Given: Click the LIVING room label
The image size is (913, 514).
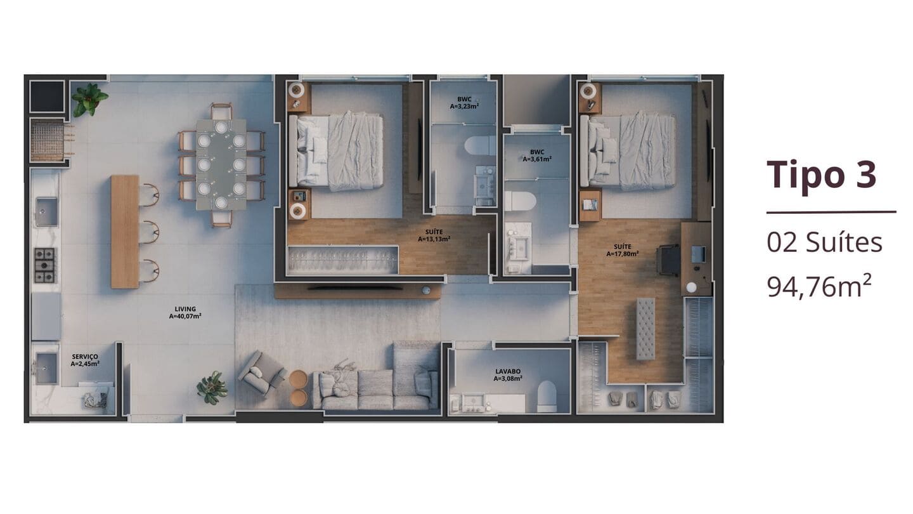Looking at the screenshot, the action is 185,309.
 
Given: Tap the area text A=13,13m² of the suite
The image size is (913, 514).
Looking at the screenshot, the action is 434,239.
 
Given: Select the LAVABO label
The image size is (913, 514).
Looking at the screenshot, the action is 508,371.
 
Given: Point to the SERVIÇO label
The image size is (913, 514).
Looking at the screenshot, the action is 85,357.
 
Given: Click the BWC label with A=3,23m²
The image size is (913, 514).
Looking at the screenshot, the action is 464,99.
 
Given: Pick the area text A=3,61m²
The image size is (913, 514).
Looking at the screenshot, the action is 537,159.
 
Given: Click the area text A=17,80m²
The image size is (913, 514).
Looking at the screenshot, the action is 623,254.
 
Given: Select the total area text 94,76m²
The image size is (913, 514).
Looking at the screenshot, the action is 819,286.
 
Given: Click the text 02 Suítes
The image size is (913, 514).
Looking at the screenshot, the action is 824,242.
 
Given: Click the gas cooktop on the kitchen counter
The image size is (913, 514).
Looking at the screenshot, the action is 45,265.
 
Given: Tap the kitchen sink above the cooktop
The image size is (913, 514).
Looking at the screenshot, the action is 46,211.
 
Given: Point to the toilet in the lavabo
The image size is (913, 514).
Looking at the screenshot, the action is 547,397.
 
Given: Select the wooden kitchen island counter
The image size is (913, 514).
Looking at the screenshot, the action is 125,232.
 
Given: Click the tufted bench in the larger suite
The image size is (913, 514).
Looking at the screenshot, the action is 645,329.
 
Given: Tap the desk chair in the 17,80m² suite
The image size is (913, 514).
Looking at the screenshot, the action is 668,260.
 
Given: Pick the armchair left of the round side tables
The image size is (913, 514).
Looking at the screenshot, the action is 262,373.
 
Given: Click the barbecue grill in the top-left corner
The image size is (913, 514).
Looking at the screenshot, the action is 48,140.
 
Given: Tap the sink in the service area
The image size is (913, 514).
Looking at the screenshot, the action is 46,368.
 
